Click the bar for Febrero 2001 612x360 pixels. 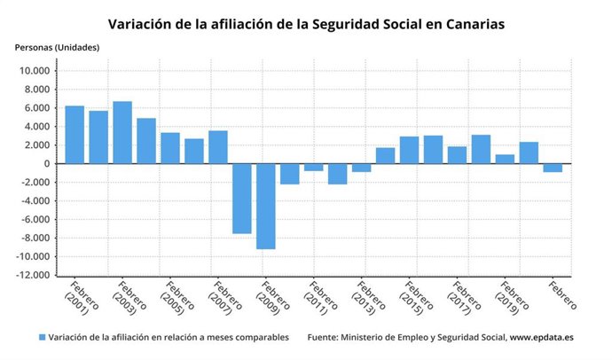pyautogui.click(x=75, y=135)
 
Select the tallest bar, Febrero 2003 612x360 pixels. pyautogui.click(x=122, y=132)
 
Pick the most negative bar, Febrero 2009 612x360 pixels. pyautogui.click(x=266, y=206)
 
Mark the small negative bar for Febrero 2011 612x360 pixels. pyautogui.click(x=314, y=167)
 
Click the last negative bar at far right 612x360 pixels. pyautogui.click(x=553, y=168)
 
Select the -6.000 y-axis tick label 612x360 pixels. pyautogui.click(x=36, y=220)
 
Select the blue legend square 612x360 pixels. pyautogui.click(x=42, y=338)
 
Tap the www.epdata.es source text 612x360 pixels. pyautogui.click(x=542, y=338)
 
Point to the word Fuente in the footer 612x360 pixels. pyautogui.click(x=325, y=338)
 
